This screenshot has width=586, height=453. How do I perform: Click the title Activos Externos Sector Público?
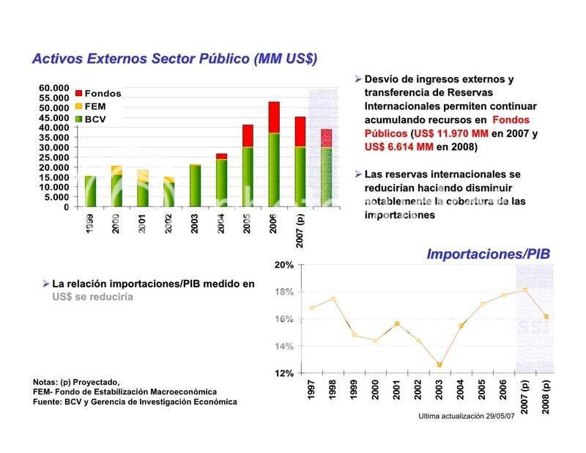point(174,59)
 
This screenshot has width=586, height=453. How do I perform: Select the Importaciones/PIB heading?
point(488,254)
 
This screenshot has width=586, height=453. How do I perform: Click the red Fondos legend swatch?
point(79,94)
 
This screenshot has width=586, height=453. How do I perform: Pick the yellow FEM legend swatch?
point(79,106)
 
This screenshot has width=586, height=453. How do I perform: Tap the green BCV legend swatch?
point(79,117)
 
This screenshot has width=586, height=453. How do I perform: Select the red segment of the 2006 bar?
point(274,117)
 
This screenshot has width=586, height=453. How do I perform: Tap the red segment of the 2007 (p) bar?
point(300,131)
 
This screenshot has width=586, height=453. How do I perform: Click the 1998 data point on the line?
point(333,299)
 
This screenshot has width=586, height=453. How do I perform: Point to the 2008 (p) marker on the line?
point(546,317)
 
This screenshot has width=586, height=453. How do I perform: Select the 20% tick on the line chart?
point(284,265)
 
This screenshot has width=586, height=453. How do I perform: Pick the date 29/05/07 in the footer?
point(502,417)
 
